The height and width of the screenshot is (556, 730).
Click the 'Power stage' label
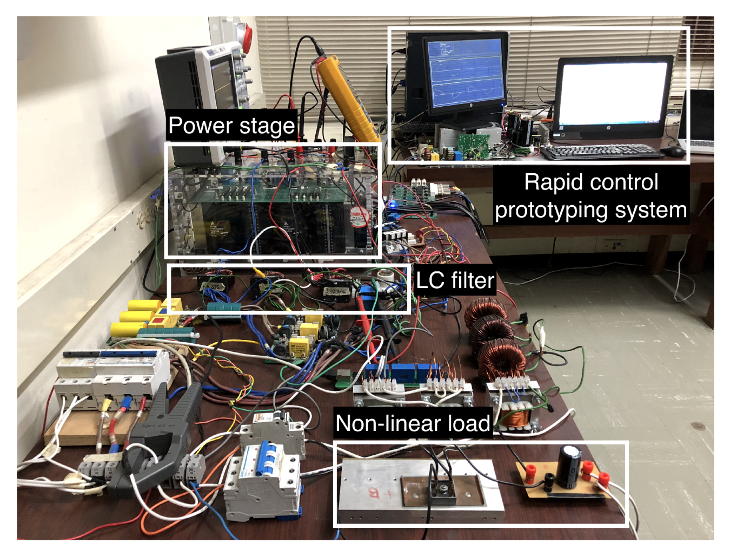231,126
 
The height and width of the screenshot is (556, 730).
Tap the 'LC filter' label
455,280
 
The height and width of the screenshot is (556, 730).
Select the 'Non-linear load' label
413,423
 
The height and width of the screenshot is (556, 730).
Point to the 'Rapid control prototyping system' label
591,196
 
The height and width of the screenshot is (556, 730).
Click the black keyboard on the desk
601,152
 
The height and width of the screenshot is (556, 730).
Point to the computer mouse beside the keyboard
673,151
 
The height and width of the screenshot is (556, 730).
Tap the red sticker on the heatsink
374,492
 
